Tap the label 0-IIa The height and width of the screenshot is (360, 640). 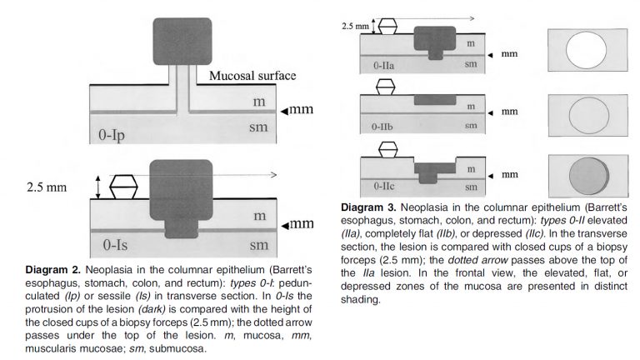383,63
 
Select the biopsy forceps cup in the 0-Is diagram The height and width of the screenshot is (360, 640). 122,186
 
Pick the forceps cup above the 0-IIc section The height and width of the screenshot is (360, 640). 387,150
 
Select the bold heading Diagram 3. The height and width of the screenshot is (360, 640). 367,207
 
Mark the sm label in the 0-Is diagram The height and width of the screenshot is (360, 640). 259,246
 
